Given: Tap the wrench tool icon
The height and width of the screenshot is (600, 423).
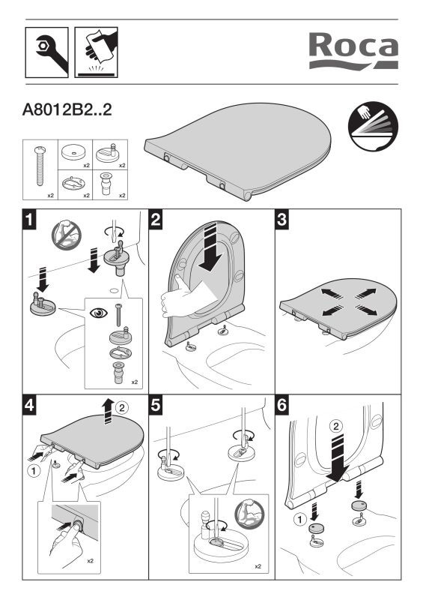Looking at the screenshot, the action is (x=46, y=52).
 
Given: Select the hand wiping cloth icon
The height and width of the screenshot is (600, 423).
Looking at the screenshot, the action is (x=96, y=52).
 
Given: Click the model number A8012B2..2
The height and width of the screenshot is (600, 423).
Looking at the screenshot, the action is (x=67, y=109).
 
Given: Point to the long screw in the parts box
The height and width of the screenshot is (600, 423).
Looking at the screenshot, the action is (x=40, y=166).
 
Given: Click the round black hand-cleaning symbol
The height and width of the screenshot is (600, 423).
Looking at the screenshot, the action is (x=373, y=127).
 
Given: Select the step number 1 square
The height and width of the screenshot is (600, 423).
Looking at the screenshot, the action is (x=29, y=219).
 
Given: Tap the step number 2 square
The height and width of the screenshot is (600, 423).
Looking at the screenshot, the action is (x=156, y=219).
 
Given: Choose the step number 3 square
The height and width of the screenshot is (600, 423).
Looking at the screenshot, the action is (x=282, y=219).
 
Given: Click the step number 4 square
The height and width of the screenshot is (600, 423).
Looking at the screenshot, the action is (x=29, y=404).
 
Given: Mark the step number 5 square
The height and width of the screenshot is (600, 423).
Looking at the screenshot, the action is (x=156, y=404).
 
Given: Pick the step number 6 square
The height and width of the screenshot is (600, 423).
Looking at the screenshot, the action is (x=282, y=404).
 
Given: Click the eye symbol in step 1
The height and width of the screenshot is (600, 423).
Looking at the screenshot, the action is (x=99, y=313).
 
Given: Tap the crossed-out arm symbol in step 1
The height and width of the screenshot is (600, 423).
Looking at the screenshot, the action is (x=67, y=235).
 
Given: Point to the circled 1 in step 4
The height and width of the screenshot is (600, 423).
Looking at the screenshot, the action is (x=34, y=470).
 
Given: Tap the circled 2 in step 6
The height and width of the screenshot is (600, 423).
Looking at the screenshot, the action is (x=336, y=426).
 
